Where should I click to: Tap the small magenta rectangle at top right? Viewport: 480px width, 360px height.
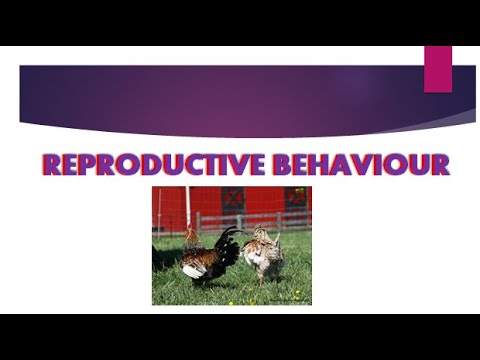click(437, 69)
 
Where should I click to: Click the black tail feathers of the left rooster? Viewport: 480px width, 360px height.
click(228, 246)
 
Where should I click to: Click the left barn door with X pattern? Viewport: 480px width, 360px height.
click(232, 200)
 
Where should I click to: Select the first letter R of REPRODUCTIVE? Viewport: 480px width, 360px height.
click(53, 165)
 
